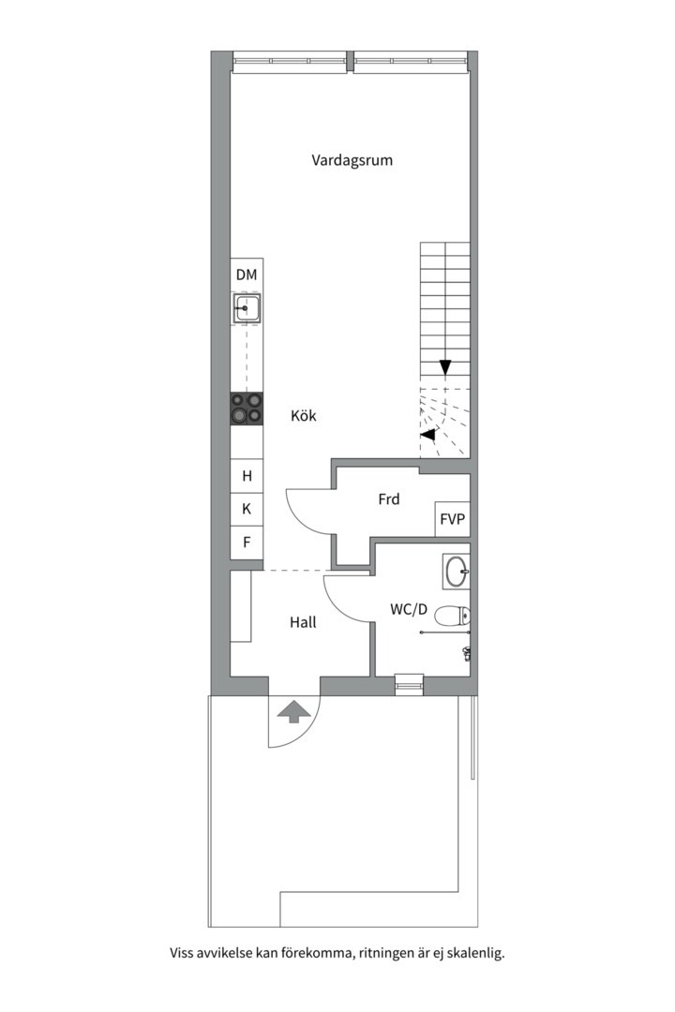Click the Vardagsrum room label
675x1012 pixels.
(x=352, y=160)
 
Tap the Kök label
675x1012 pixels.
(x=303, y=415)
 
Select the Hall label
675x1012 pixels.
(x=303, y=621)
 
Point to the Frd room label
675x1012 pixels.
(x=388, y=499)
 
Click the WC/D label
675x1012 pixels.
(x=409, y=610)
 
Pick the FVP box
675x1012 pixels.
(x=452, y=519)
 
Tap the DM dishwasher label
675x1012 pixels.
(x=247, y=275)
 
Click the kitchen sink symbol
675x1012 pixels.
(x=247, y=307)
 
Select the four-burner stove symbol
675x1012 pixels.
(x=247, y=408)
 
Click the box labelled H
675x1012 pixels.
(x=247, y=476)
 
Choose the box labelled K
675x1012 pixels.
(x=247, y=509)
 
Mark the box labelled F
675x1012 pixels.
(x=247, y=542)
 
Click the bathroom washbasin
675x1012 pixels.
(x=457, y=570)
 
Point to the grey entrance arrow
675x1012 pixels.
(x=294, y=712)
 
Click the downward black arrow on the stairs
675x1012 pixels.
(x=445, y=367)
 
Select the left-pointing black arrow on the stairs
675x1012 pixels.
(x=428, y=435)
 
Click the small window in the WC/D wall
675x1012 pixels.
(x=410, y=686)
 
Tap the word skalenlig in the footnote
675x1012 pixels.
(x=476, y=954)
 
